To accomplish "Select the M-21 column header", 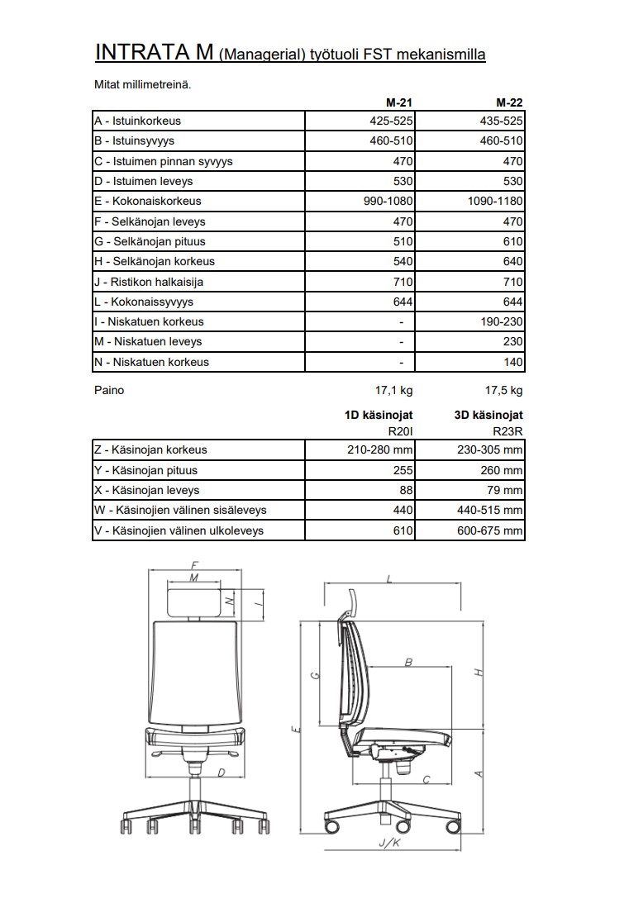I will pos(399,103).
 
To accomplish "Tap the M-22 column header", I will pos(509,103).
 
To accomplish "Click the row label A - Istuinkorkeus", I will pos(137,121).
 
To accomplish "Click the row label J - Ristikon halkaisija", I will pos(148,282).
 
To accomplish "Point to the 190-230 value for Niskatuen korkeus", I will pos(503,321).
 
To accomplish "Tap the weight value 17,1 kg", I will pos(394,390).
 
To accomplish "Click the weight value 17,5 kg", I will pos(504,390).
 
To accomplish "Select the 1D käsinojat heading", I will pos(379,415).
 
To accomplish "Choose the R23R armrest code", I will pos(507,430).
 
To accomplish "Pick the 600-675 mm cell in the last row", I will pos(490,530).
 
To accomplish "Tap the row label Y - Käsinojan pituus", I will pos(145,470).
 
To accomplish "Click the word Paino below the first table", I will pos(109,390).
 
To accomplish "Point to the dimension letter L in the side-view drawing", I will pos(390,580).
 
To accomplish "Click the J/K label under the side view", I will pos(388,844).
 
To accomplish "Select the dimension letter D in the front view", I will pos(222,773).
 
